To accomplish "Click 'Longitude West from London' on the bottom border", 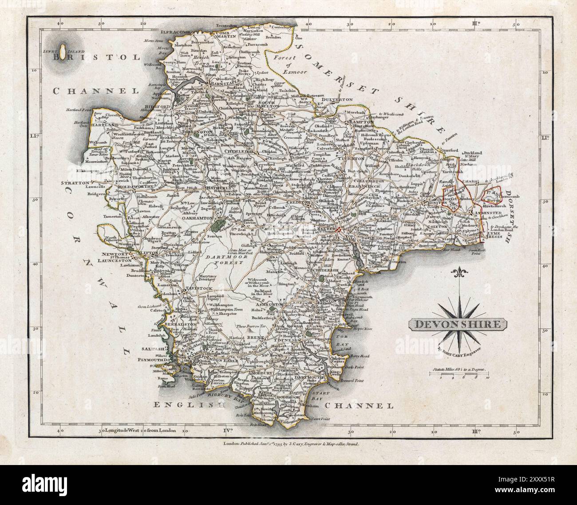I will (140, 430).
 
